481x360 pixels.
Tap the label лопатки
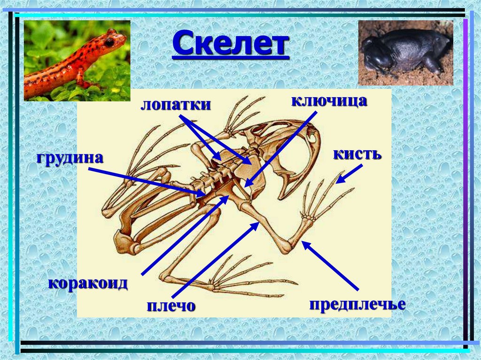pyautogui.click(x=175, y=105)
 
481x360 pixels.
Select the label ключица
pyautogui.click(x=328, y=100)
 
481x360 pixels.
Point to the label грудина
pyautogui.click(x=69, y=157)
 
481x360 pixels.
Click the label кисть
pyautogui.click(x=357, y=154)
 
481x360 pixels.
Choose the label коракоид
pyautogui.click(x=88, y=283)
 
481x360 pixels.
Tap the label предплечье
pyautogui.click(x=357, y=304)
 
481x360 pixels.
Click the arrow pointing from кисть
pyautogui.click(x=347, y=177)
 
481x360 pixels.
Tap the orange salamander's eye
pyautogui.click(x=109, y=42)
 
